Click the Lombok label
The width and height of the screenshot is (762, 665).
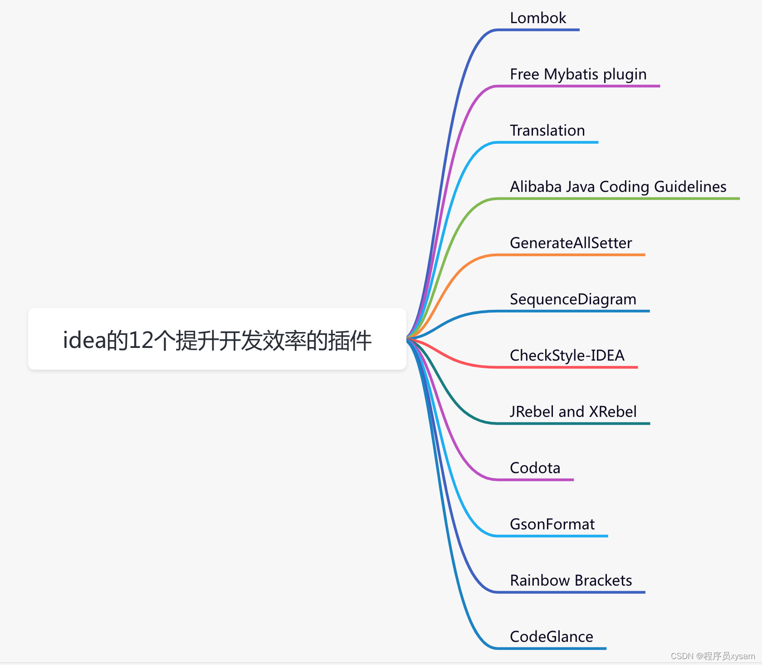[538, 18]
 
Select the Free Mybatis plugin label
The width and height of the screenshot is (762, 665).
[578, 74]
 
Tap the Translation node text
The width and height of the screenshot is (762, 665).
[547, 131]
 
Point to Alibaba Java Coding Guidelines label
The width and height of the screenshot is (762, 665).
[618, 187]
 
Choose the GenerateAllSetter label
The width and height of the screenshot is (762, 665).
[571, 243]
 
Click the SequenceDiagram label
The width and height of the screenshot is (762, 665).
[573, 299]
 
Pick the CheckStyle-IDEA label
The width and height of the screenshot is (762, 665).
[567, 356]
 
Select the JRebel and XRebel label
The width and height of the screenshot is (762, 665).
[573, 412]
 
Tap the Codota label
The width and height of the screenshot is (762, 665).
[535, 468]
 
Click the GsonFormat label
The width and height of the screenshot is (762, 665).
[552, 524]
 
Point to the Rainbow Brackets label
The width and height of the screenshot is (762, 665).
[571, 581]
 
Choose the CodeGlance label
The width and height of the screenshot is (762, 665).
[551, 637]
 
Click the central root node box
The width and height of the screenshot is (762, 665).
[217, 339]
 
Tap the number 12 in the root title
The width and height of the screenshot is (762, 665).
[141, 340]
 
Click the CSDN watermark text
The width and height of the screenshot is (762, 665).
[713, 656]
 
